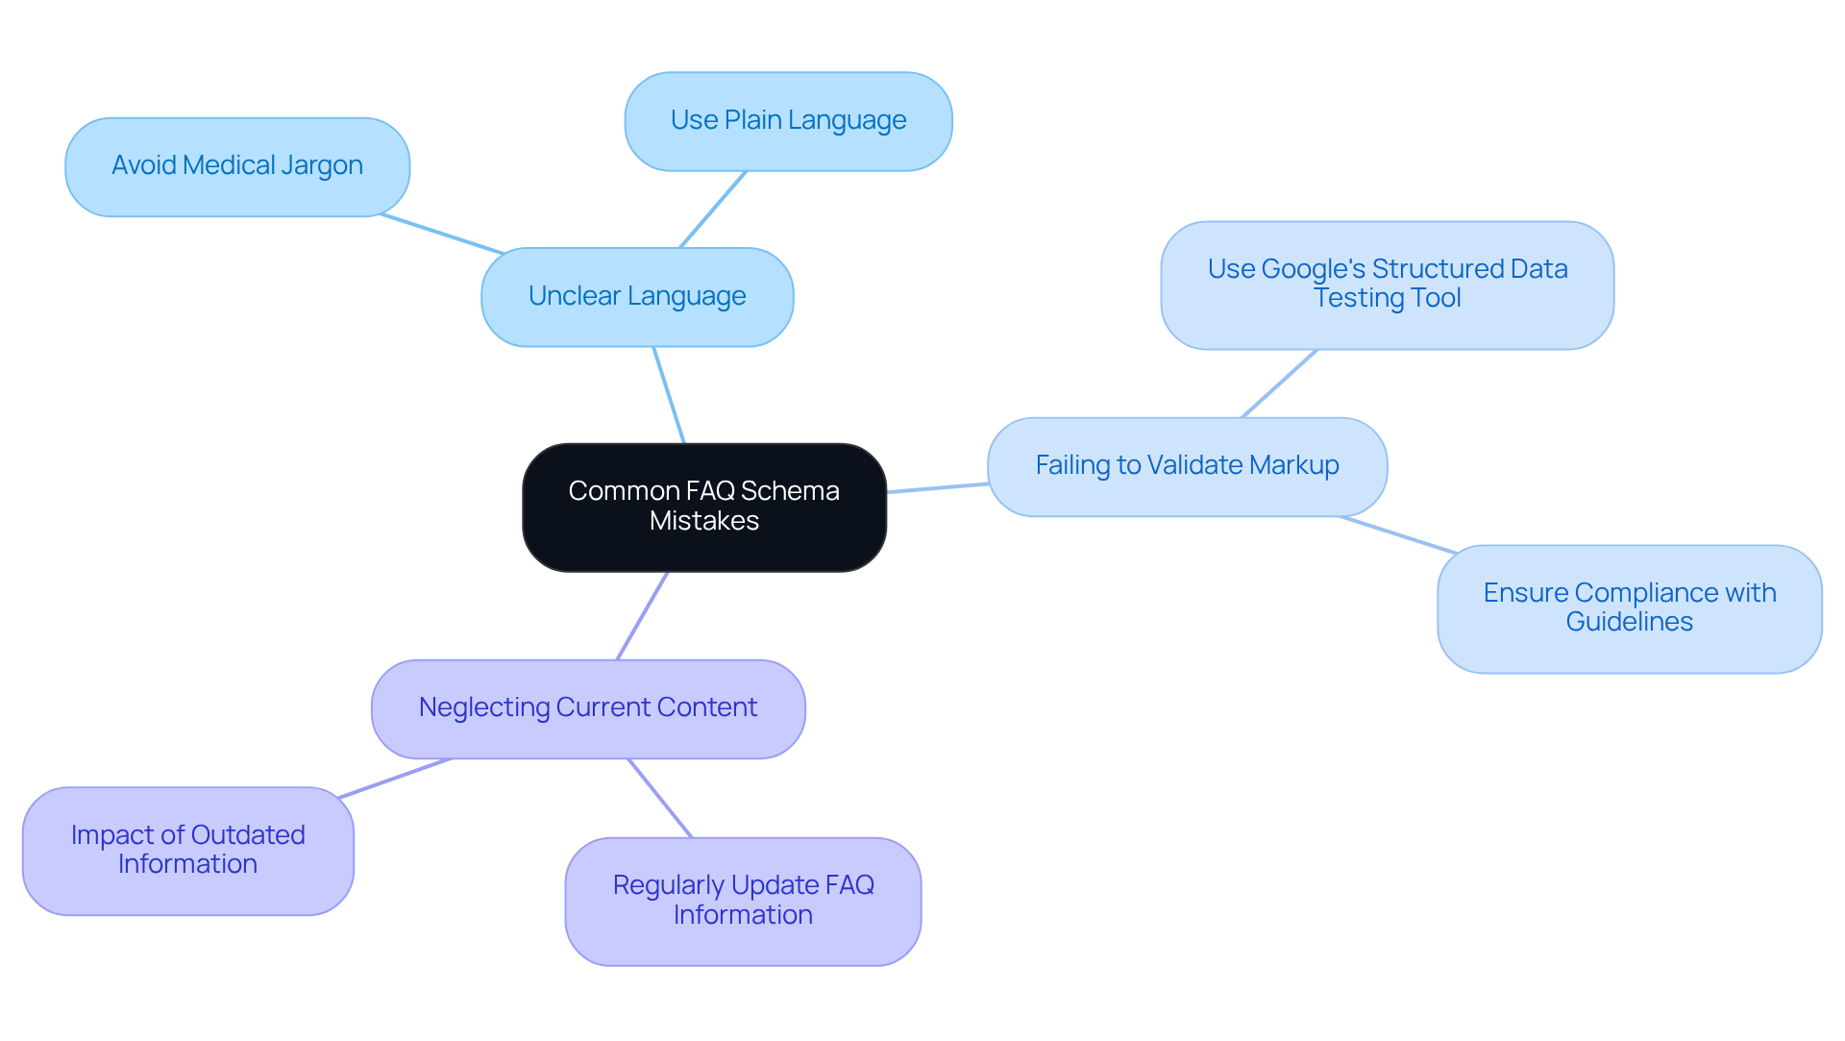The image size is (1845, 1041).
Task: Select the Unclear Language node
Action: point(637,297)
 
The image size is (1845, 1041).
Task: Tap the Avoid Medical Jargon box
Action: point(237,167)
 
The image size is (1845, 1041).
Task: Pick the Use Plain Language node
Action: point(788,121)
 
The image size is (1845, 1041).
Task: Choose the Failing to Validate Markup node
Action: point(1187,466)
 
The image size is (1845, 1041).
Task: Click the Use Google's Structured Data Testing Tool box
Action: point(1387,285)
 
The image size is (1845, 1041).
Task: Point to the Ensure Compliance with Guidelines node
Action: point(1629,608)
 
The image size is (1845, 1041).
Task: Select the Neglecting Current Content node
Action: point(588,708)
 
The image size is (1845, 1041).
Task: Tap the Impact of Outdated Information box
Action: point(188,851)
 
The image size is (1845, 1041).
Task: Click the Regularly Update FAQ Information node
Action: point(743,901)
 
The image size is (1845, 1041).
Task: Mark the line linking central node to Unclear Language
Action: point(669,395)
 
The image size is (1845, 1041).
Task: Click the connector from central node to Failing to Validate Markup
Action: point(937,488)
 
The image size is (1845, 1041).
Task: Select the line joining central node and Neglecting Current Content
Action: point(642,616)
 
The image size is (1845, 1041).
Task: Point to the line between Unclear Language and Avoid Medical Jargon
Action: point(442,234)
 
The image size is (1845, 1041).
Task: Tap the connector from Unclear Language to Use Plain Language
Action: point(713,210)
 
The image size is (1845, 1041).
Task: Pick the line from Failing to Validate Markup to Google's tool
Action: point(1279,384)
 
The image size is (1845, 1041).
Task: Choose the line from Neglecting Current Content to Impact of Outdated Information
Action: point(395,778)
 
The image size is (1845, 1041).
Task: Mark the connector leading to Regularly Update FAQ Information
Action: point(660,798)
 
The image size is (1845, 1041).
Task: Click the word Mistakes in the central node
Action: point(704,521)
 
